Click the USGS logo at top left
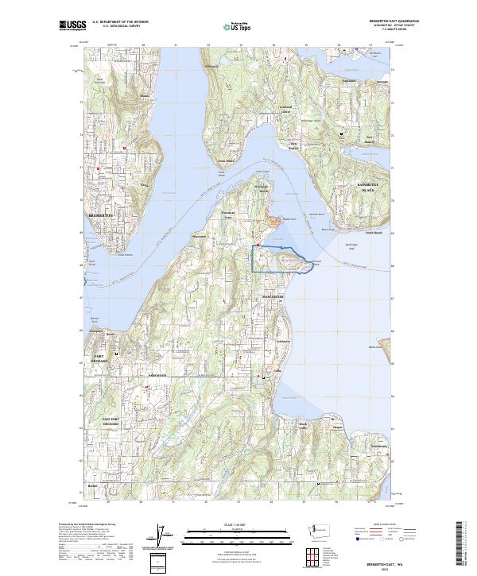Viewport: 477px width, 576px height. (x=72, y=26)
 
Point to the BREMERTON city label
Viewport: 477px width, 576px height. (x=101, y=215)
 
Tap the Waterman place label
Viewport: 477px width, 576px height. (x=198, y=236)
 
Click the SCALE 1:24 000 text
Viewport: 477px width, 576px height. (x=238, y=524)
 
